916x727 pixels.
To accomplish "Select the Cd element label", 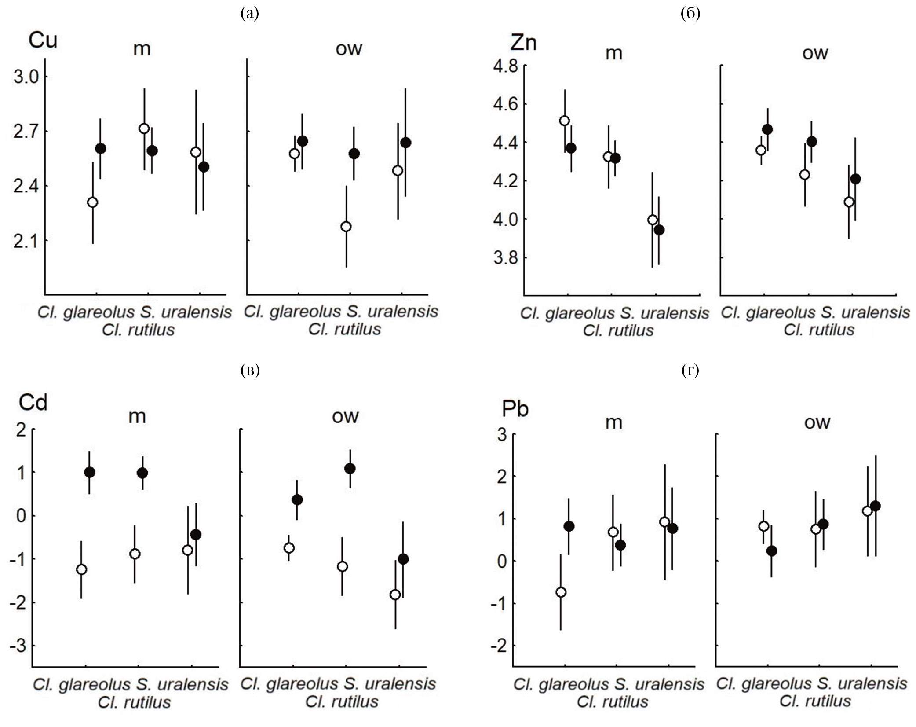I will [x=33, y=403].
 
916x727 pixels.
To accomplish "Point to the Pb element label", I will [x=515, y=409].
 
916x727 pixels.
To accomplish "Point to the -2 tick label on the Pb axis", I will [x=498, y=646].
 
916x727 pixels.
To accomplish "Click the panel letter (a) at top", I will [x=250, y=14].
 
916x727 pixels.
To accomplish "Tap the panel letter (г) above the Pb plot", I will [x=690, y=371].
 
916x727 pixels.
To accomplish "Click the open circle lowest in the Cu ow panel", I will [x=346, y=227].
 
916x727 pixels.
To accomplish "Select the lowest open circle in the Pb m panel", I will [x=561, y=592].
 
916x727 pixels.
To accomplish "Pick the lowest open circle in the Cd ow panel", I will [x=395, y=595].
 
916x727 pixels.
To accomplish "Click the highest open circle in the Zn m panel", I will [x=565, y=121].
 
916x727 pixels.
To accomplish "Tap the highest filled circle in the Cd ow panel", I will [x=350, y=469].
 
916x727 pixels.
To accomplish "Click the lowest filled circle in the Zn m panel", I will [x=659, y=230].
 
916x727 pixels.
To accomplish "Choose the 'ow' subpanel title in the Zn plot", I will [x=815, y=53].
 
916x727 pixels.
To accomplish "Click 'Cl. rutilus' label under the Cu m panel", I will [x=138, y=330].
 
